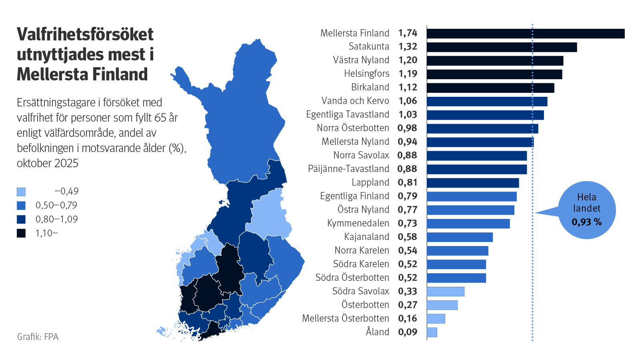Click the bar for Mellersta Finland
pyautogui.click(x=525, y=34)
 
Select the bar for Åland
pyautogui.click(x=432, y=332)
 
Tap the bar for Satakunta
pyautogui.click(x=502, y=47)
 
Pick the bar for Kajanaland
pyautogui.click(x=460, y=237)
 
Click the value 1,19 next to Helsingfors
pyautogui.click(x=408, y=74)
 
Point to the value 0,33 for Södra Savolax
pyautogui.click(x=408, y=292)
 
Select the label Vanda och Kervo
pyautogui.click(x=355, y=101)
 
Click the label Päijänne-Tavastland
pyautogui.click(x=348, y=169)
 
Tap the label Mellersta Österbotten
pyautogui.click(x=345, y=318)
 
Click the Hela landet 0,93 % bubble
pyautogui.click(x=586, y=210)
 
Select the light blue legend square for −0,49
pyautogui.click(x=21, y=192)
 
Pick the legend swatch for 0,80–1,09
pyautogui.click(x=21, y=220)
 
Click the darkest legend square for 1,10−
pyautogui.click(x=21, y=233)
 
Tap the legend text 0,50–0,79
pyautogui.click(x=56, y=206)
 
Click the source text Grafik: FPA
pyautogui.click(x=38, y=337)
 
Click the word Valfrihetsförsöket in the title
pyautogui.click(x=85, y=35)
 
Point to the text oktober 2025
pyautogui.click(x=47, y=164)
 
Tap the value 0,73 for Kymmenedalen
pyautogui.click(x=408, y=224)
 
